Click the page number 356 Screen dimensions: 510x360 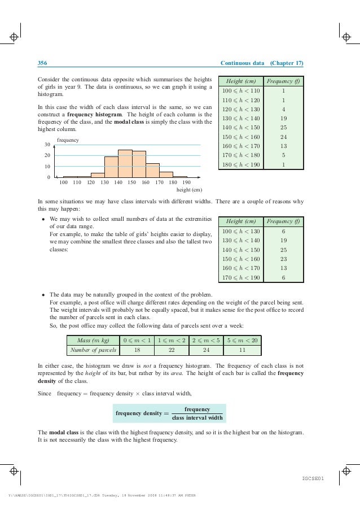[x=42, y=63]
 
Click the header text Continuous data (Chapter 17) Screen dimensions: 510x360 [x=262, y=63]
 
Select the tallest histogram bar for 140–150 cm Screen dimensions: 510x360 [x=125, y=164]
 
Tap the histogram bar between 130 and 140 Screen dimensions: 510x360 [x=111, y=167]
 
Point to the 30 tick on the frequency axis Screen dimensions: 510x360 [x=47, y=145]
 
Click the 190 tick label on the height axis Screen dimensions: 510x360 [x=186, y=182]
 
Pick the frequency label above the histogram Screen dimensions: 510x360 [x=68, y=139]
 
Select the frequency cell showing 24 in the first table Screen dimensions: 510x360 [x=283, y=137]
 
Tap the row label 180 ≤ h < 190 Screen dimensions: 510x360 [x=241, y=165]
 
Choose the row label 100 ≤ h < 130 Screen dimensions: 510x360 [x=241, y=232]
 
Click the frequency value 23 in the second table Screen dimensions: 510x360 [x=283, y=260]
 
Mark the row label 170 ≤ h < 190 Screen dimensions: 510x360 [x=241, y=278]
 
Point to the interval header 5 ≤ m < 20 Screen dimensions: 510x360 [x=242, y=341]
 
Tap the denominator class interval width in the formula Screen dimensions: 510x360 [x=197, y=417]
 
